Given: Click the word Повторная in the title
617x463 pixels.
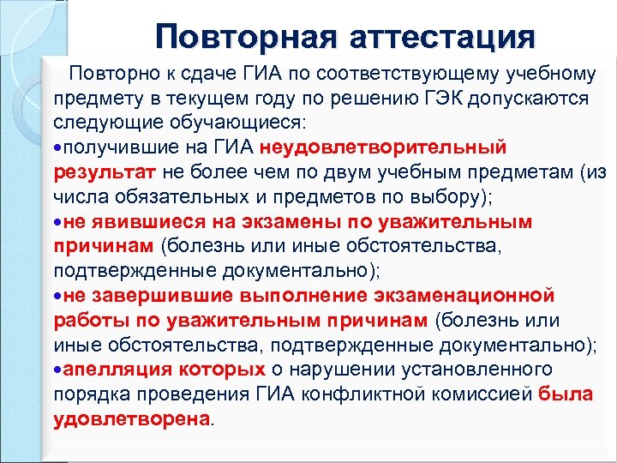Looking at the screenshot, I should click(x=244, y=37).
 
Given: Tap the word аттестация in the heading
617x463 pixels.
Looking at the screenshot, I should click(x=442, y=37).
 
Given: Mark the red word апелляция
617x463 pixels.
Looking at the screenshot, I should click(x=118, y=370).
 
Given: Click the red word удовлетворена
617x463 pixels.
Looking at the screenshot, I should click(x=131, y=419).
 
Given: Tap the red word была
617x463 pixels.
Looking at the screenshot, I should click(x=565, y=394).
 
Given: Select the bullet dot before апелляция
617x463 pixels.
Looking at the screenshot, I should click(x=57, y=370).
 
